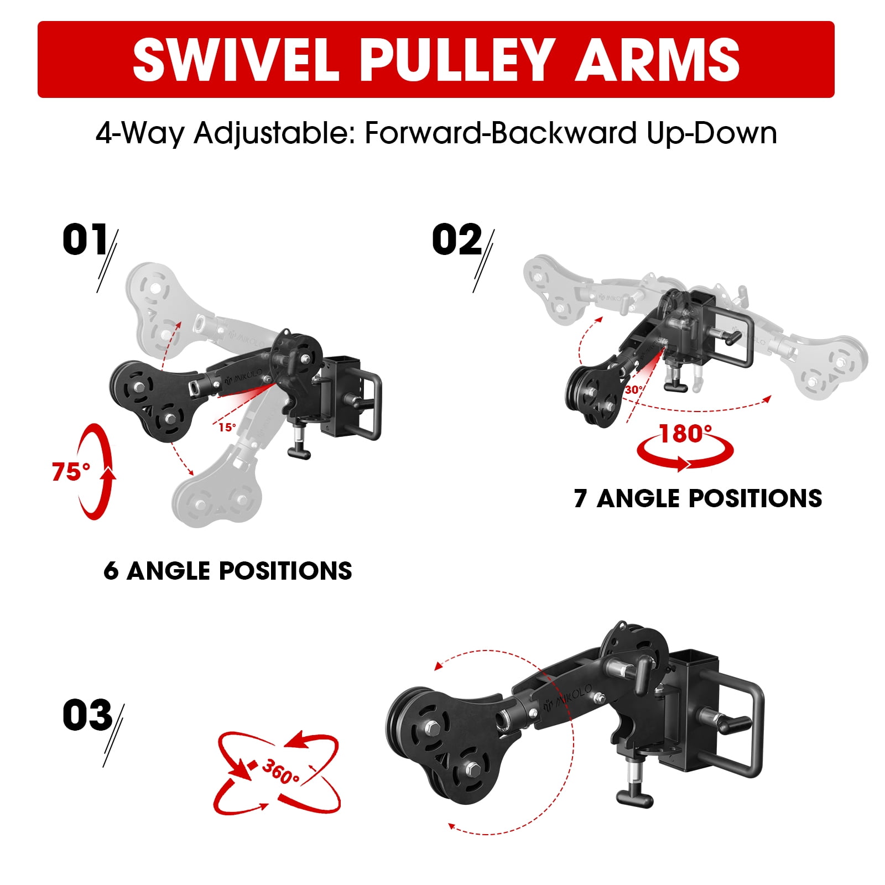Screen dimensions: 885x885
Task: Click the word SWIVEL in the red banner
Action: [236, 60]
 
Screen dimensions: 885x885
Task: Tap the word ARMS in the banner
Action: [658, 60]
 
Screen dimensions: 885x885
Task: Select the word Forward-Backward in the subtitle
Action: [501, 133]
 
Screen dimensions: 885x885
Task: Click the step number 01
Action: [85, 240]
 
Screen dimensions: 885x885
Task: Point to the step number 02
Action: [457, 240]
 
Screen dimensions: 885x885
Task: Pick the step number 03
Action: [87, 715]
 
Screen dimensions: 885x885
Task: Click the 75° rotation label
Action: [71, 472]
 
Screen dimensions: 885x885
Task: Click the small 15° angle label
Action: [227, 427]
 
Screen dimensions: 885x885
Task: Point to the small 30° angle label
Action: [634, 390]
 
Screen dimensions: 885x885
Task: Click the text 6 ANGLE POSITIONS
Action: [227, 571]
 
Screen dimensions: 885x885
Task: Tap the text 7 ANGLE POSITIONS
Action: [698, 498]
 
